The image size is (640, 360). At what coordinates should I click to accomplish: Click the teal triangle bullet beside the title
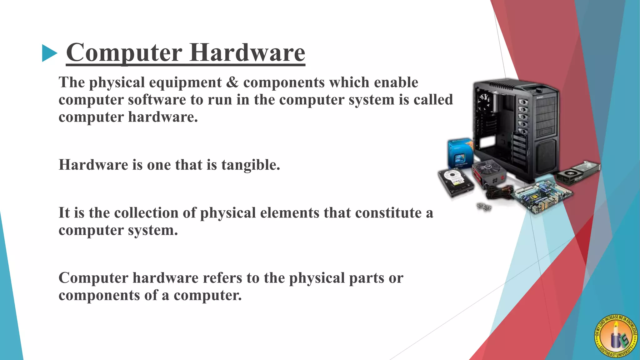click(x=49, y=53)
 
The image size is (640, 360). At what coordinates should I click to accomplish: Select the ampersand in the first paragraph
click(x=232, y=82)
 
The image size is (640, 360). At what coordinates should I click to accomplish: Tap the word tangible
click(x=251, y=165)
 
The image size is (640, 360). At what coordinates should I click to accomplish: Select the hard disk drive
click(x=456, y=182)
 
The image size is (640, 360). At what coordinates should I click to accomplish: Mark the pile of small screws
click(x=484, y=207)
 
